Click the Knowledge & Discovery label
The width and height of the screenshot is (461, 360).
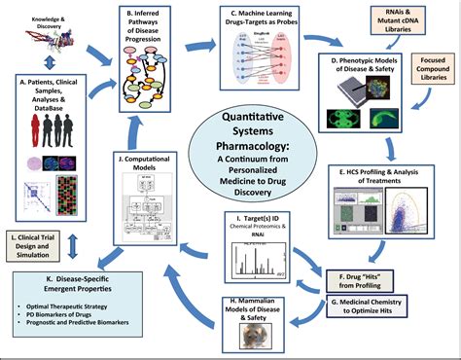(x=27, y=19)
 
